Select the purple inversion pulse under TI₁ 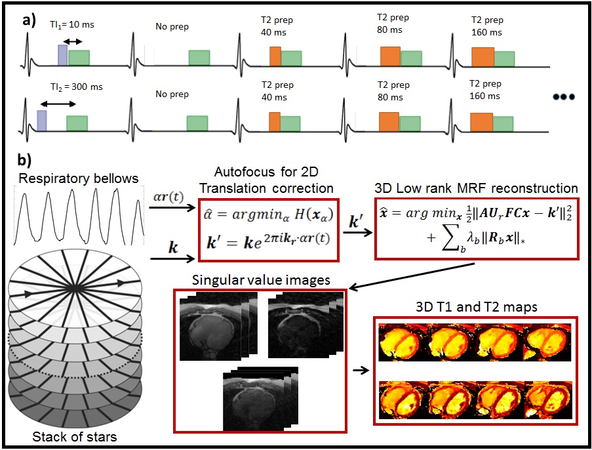(x=63, y=54)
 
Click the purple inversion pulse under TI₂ (x=42, y=121)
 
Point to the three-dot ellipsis (x=563, y=97)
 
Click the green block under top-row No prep (x=199, y=58)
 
